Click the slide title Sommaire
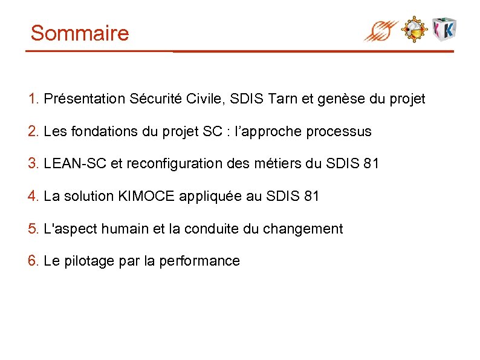tap(80, 33)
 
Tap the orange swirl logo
tap(381, 30)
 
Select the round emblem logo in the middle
tap(415, 29)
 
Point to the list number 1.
tap(33, 99)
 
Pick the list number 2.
tap(33, 131)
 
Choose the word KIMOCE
tap(147, 197)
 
